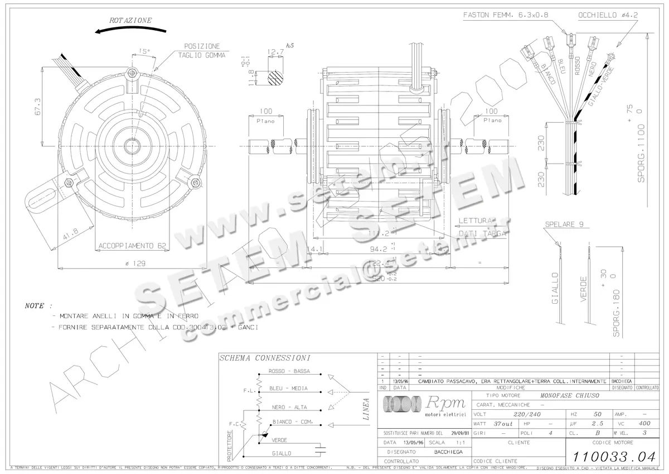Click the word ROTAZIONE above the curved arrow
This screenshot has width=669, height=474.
point(130,20)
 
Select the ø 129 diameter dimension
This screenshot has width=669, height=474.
point(129,263)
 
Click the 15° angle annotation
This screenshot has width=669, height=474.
point(144,51)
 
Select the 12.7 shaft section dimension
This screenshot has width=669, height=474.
point(275,52)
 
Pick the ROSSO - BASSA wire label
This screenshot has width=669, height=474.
point(289,371)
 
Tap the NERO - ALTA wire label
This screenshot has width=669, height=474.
point(288,407)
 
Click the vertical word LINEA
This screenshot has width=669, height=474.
point(366,409)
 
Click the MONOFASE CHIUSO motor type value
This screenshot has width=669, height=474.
point(569,395)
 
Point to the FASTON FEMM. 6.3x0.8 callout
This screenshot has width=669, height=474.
point(502,16)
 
